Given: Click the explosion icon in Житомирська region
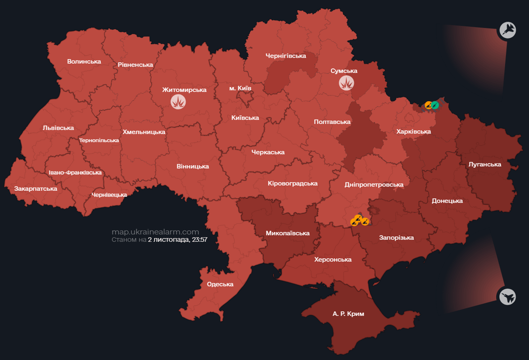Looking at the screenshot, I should point(178,102).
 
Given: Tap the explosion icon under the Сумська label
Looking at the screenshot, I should point(346,83).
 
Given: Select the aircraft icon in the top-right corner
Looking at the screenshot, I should point(507,30).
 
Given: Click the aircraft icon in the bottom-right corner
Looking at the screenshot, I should point(507,296).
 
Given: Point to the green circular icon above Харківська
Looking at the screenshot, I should point(435,105).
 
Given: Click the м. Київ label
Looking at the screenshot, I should point(240,88).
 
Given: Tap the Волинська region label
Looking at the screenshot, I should point(84,61).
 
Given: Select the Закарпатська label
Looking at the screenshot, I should point(36,189).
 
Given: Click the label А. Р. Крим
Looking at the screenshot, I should point(348,314).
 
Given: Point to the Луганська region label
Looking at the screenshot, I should point(484,165).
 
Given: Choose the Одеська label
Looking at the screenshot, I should point(220,284).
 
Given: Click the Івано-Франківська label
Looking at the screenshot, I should point(75,172).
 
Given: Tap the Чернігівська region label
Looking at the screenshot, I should point(286,56).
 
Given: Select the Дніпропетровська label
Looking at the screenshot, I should point(373,185).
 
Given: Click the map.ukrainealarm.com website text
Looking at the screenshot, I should point(155,232).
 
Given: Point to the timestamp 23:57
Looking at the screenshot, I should point(199,240).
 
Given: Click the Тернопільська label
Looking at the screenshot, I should point(99,140).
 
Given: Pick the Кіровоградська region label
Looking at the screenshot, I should point(292,183).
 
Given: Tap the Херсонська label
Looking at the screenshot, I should point(333,259).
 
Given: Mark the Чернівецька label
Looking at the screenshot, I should point(109,195).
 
